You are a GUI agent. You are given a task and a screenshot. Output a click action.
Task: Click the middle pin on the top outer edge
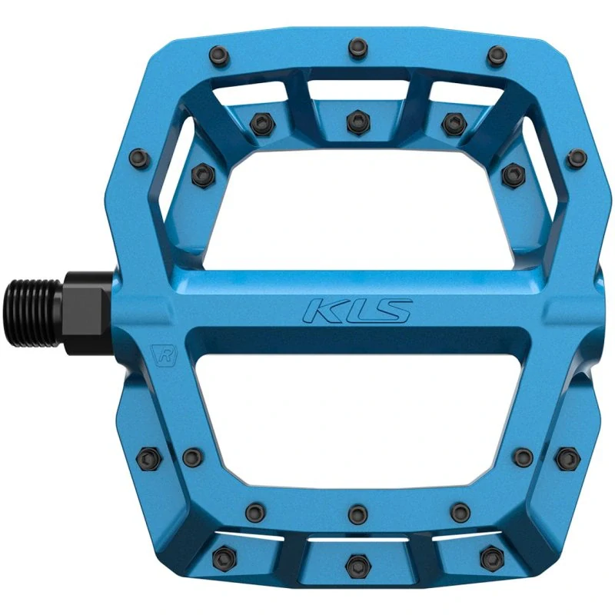click(x=355, y=47)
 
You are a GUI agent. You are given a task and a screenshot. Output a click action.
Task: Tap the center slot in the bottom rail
click(x=355, y=538)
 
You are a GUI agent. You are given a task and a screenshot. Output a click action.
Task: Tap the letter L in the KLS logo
click(x=359, y=311)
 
